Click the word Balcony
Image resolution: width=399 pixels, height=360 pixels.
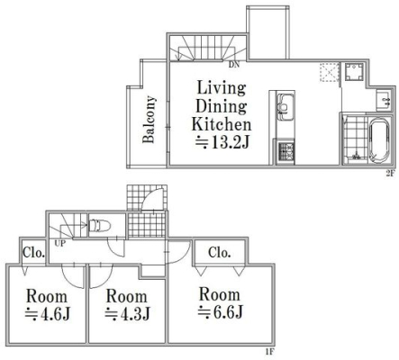(x=150, y=119)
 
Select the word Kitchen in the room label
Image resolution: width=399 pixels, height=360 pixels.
(x=222, y=124)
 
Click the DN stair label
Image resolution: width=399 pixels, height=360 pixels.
(x=234, y=65)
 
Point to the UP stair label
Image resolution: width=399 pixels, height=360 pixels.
(x=59, y=243)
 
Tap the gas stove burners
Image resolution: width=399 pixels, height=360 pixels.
(x=286, y=151)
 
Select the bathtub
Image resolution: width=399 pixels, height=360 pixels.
(x=379, y=140)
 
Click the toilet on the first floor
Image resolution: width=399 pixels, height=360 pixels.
(x=100, y=225)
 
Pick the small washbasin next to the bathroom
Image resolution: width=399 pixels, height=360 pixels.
(x=384, y=100)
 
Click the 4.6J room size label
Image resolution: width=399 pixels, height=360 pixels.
(x=48, y=314)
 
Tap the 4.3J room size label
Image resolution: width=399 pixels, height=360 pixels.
(x=127, y=314)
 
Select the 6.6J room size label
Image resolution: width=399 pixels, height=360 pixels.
(x=220, y=312)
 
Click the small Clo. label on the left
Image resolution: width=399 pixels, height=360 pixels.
(x=34, y=253)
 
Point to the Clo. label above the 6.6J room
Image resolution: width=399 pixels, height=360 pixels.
(x=220, y=253)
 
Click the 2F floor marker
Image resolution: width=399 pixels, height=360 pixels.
(x=389, y=173)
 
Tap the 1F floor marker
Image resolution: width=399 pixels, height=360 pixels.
(x=270, y=351)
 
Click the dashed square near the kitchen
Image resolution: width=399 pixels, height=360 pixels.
(x=330, y=72)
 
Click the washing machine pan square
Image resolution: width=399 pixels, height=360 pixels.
(x=354, y=72)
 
